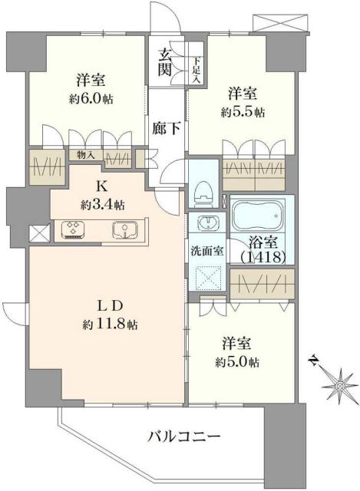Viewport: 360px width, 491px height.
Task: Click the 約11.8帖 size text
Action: pyautogui.click(x=112, y=325)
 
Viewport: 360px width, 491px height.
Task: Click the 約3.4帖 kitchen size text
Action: pyautogui.click(x=101, y=205)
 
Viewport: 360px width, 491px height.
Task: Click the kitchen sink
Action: pyautogui.click(x=124, y=229)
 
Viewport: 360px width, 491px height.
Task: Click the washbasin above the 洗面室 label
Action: pyautogui.click(x=206, y=225)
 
